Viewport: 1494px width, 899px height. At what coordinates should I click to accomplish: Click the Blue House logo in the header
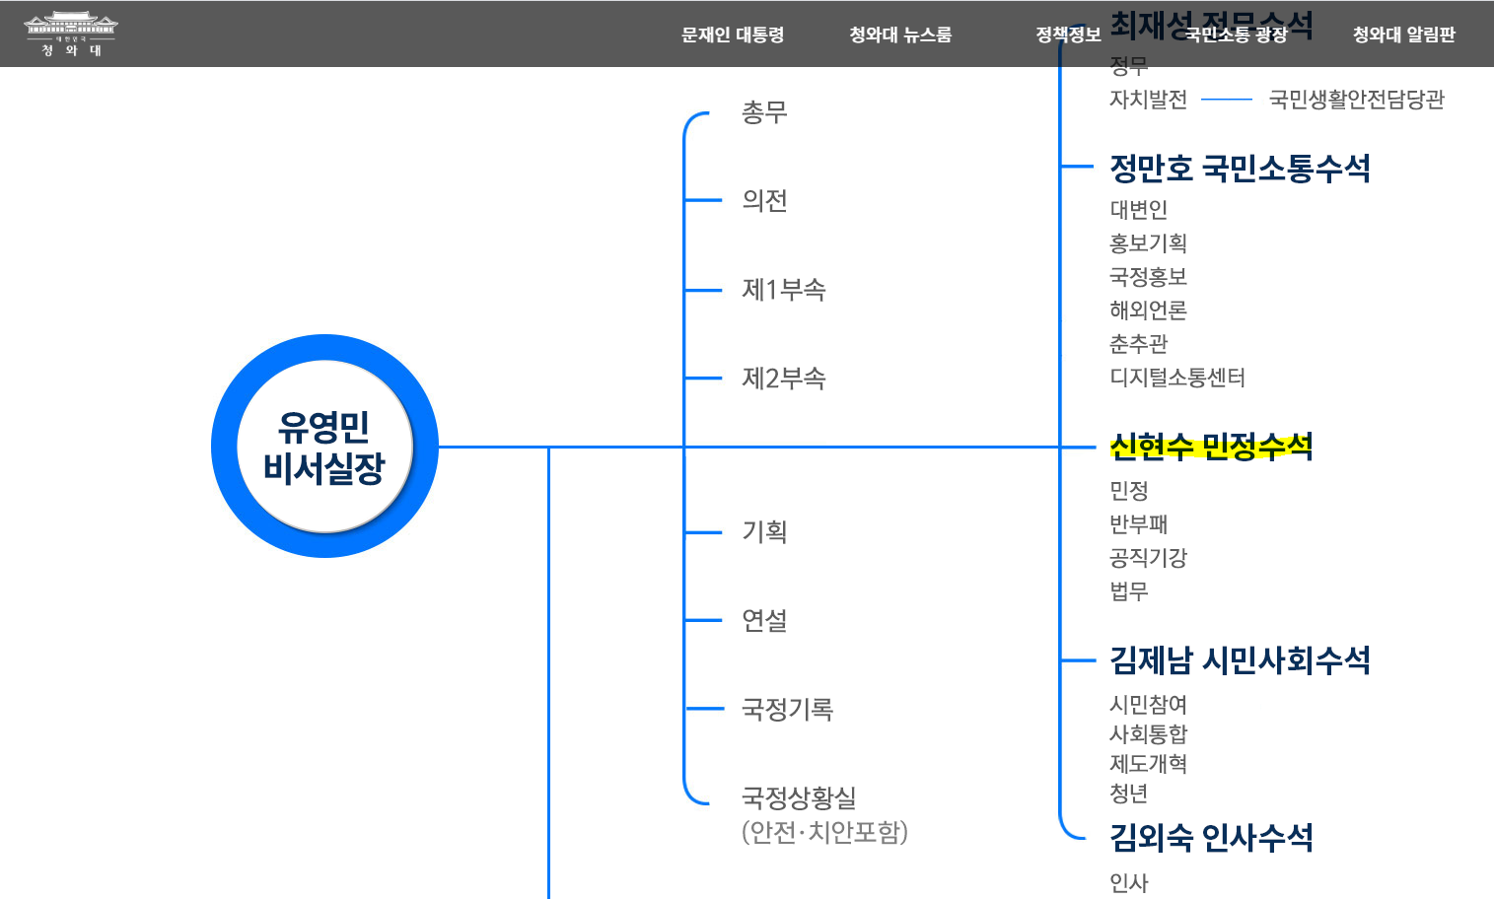click(71, 34)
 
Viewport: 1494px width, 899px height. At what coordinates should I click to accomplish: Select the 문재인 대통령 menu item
click(733, 35)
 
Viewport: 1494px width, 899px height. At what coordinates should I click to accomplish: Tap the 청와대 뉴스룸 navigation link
click(900, 35)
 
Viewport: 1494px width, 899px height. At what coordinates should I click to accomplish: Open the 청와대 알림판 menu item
click(1403, 35)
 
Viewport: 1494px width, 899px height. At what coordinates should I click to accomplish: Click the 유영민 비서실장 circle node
click(324, 447)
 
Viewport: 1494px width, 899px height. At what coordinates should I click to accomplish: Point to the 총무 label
click(764, 112)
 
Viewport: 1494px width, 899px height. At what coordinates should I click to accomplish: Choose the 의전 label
click(764, 201)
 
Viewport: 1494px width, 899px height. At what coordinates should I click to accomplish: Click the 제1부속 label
click(783, 290)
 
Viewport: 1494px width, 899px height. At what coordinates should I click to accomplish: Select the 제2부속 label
click(783, 379)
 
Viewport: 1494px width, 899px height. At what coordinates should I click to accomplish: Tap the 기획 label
click(764, 532)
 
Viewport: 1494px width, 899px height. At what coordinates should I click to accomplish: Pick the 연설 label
click(764, 621)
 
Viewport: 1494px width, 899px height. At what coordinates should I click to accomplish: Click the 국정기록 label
click(787, 710)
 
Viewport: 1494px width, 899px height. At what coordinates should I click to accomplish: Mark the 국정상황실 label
click(799, 797)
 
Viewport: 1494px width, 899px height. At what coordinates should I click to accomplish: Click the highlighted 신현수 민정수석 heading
click(1211, 448)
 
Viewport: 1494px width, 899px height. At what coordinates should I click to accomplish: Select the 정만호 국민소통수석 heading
click(1240, 169)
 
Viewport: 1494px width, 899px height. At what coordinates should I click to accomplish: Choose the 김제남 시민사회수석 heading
click(1240, 660)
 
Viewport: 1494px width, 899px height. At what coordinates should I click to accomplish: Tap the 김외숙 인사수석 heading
click(1211, 838)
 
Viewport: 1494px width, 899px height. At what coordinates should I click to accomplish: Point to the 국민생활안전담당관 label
click(1356, 100)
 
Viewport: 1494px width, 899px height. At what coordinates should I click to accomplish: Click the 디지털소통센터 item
click(1177, 378)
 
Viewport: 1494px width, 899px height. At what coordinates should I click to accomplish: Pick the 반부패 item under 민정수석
click(1138, 524)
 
